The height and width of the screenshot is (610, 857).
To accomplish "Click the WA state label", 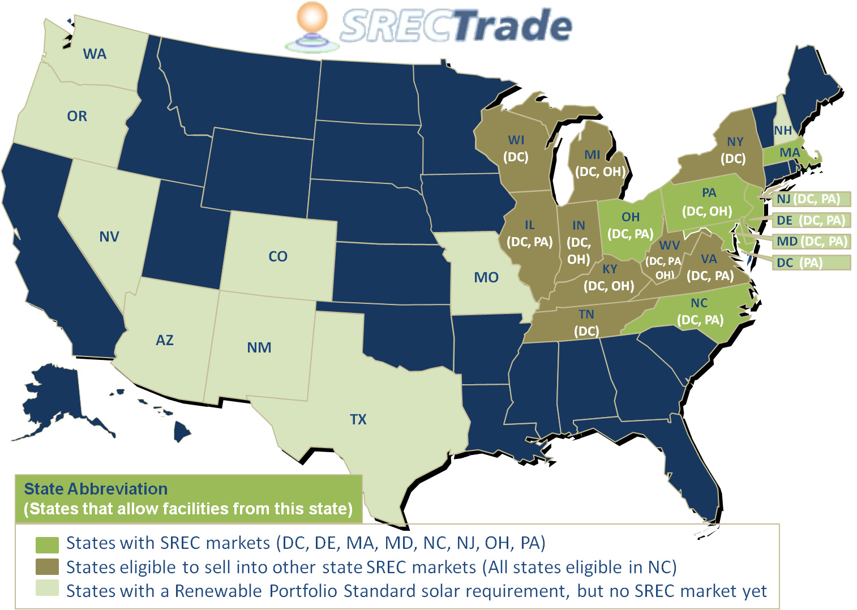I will click(x=95, y=54).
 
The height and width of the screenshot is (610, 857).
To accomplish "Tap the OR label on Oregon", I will click(x=77, y=116).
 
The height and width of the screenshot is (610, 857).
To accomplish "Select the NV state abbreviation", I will click(x=109, y=237).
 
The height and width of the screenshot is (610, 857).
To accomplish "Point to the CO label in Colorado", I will click(x=278, y=256).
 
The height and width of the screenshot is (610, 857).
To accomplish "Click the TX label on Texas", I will click(x=358, y=419).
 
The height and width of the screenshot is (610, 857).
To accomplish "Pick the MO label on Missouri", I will click(x=486, y=277).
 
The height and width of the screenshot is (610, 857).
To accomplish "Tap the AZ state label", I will click(x=165, y=340).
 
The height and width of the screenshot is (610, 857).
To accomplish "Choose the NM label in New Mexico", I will click(x=259, y=347).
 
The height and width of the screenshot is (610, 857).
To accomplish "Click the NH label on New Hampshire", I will click(x=783, y=131).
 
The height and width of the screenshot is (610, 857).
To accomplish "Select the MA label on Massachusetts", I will click(x=790, y=153).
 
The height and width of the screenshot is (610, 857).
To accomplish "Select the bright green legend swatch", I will click(x=47, y=544).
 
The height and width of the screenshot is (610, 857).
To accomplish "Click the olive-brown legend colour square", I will click(x=47, y=567).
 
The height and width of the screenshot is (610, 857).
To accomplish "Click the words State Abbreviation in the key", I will click(x=96, y=489).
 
